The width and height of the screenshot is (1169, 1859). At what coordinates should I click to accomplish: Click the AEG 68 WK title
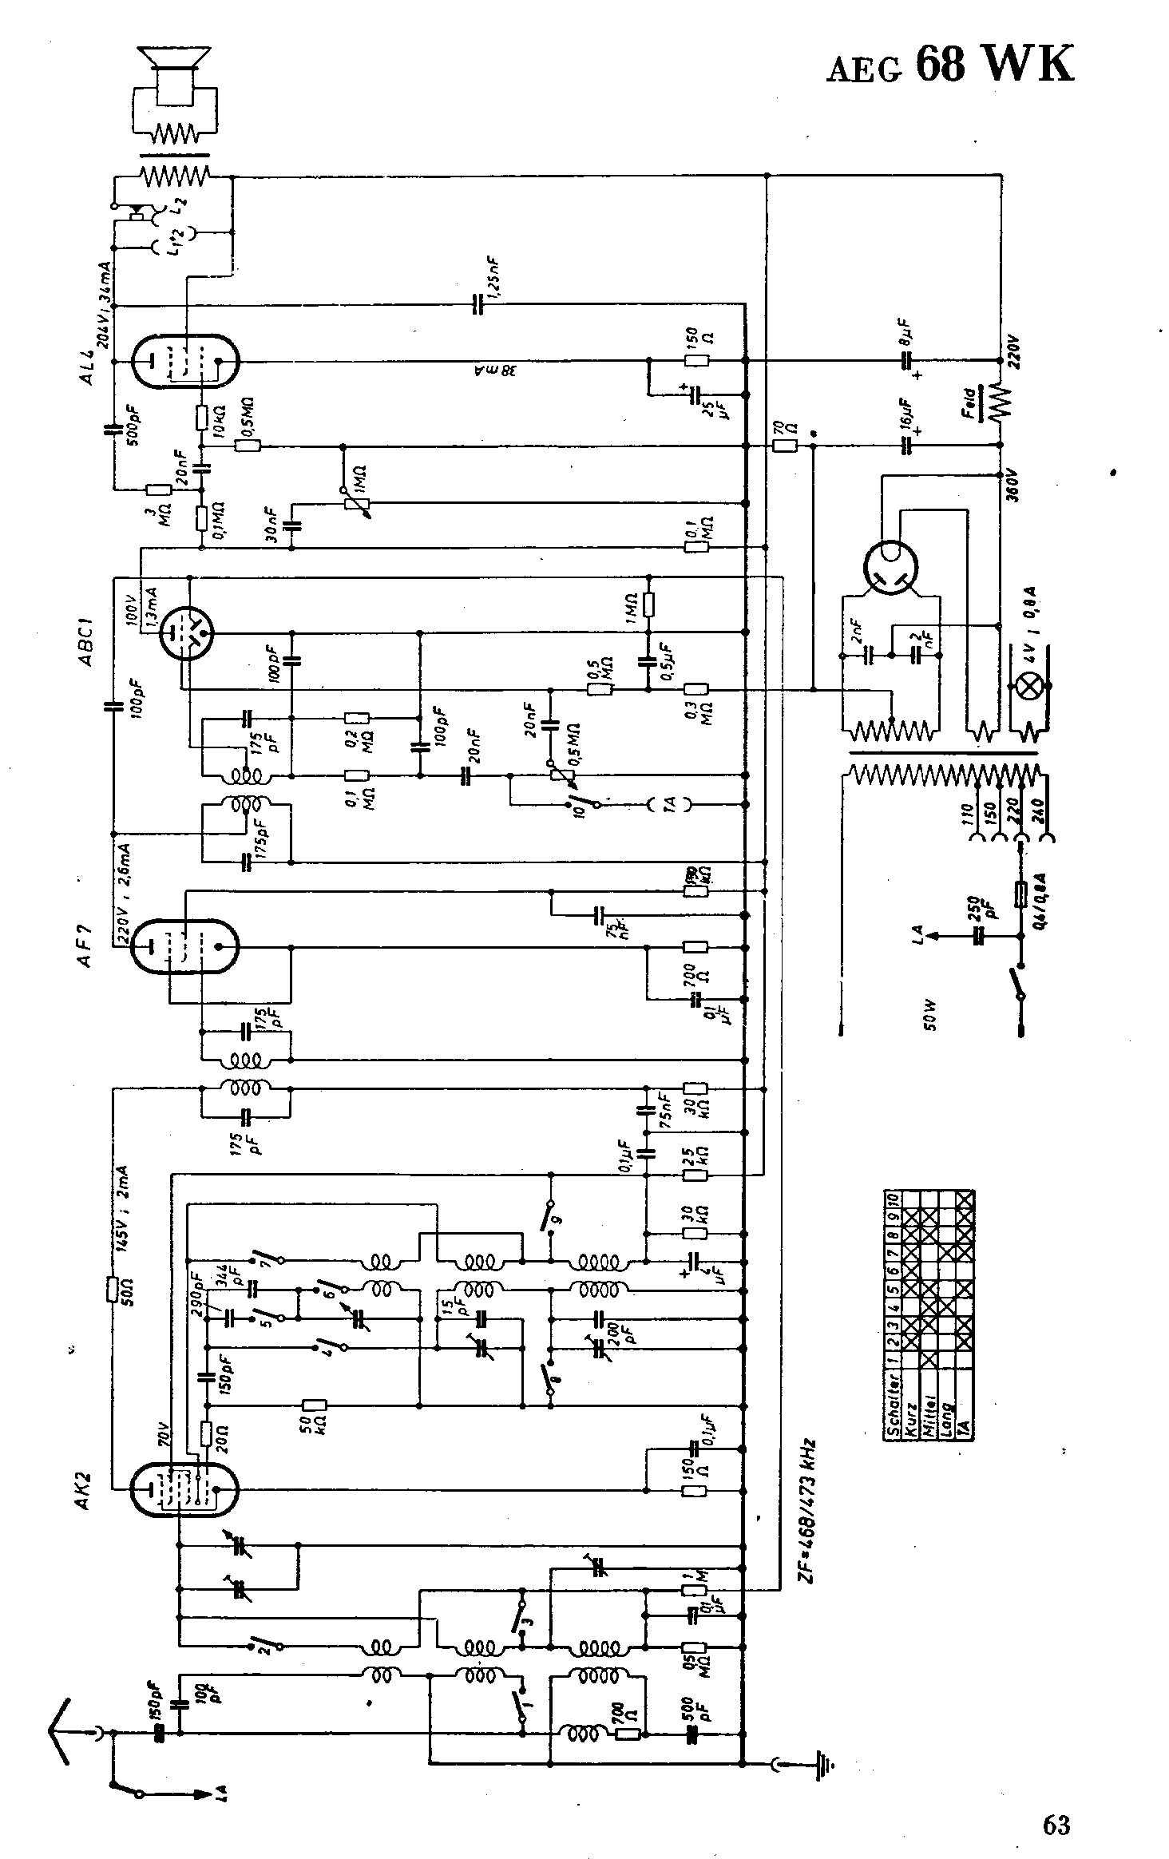pos(949,63)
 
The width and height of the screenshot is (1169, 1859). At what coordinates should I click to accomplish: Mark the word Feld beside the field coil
pos(969,404)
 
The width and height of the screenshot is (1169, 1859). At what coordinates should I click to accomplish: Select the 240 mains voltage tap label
pos(1038,815)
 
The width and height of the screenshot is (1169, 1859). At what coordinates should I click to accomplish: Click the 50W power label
pos(929,1015)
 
